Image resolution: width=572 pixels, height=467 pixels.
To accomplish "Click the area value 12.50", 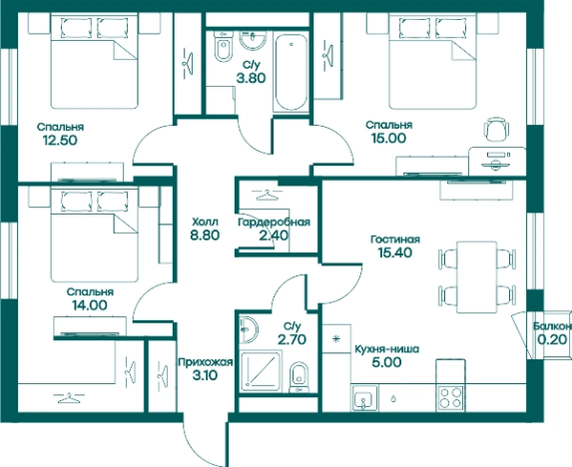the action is (x=60, y=141).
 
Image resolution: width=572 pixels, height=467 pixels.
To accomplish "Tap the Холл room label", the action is (x=205, y=222).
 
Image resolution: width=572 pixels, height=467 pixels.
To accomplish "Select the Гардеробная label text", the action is (x=274, y=222).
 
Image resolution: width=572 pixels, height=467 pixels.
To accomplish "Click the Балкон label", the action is (x=552, y=326).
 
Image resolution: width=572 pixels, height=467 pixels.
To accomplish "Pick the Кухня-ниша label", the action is (x=386, y=349).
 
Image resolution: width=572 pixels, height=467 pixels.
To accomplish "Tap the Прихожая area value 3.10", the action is (x=205, y=375).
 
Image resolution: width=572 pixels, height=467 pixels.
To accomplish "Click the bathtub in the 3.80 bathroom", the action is (x=290, y=72).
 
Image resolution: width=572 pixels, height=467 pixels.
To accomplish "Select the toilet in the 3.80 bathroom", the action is (x=223, y=46).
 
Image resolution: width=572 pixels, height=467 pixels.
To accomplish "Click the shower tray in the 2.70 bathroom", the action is (x=261, y=370).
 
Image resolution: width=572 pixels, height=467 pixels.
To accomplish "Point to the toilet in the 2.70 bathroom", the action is (x=298, y=377).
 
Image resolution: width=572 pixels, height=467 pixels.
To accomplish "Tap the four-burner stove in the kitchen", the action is (x=450, y=398).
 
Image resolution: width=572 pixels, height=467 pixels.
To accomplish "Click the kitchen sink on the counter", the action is (x=362, y=398).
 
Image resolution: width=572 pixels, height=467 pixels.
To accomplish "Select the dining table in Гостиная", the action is (x=477, y=277).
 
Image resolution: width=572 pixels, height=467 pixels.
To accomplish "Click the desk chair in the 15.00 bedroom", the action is (x=496, y=129).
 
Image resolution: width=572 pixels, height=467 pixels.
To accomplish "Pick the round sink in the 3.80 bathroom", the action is (x=254, y=40).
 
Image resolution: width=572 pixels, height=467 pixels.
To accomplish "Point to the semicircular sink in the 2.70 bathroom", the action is (x=249, y=329).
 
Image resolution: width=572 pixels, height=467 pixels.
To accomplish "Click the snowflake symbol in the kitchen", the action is (x=336, y=339).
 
